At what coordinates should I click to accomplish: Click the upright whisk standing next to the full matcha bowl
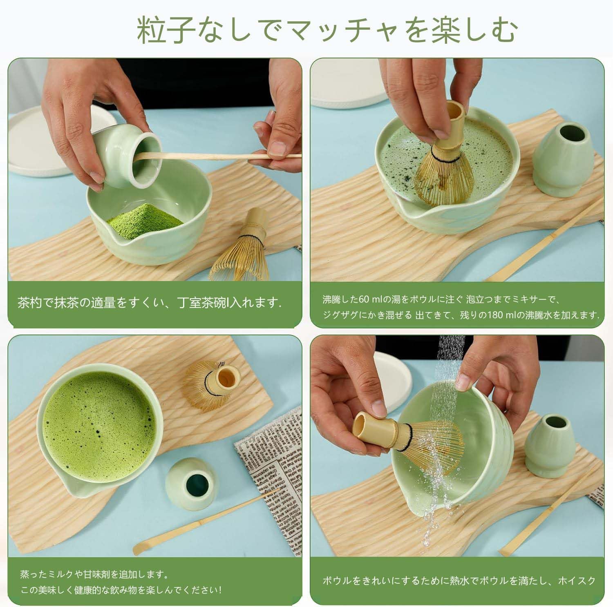[213, 386]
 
